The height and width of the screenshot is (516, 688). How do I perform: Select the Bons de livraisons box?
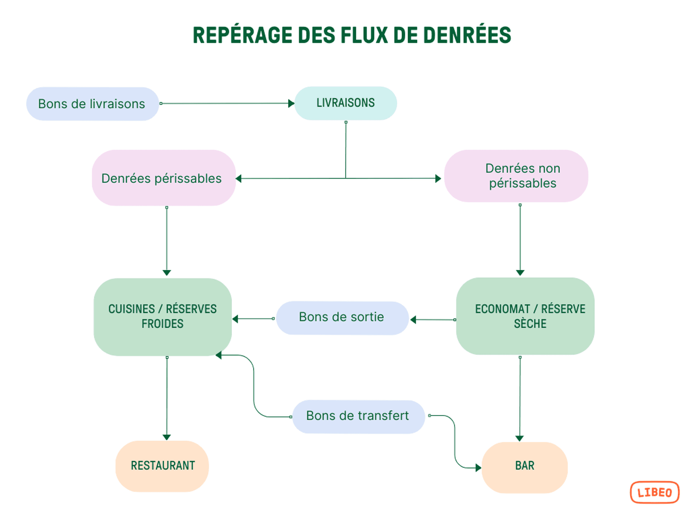click(x=92, y=104)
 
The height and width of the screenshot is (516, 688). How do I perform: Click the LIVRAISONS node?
click(x=345, y=103)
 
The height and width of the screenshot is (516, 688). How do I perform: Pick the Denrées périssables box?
click(x=163, y=178)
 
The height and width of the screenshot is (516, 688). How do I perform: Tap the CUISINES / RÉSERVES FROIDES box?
click(x=162, y=317)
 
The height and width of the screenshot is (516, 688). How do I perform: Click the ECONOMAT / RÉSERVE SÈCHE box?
click(x=525, y=316)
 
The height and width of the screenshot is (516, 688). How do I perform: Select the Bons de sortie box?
click(x=342, y=318)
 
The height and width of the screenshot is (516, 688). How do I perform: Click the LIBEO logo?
click(x=654, y=492)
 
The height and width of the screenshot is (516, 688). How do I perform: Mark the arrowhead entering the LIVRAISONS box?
click(x=291, y=104)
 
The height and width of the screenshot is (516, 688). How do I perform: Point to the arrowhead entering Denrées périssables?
click(x=239, y=178)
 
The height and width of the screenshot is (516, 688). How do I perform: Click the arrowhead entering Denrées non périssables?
click(x=438, y=178)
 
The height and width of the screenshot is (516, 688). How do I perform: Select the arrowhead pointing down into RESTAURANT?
click(x=167, y=437)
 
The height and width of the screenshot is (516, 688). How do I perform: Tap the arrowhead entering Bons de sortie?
click(x=413, y=320)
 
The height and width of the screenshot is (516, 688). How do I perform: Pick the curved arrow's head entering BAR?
click(x=478, y=467)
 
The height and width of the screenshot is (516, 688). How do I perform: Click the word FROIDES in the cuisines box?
click(x=162, y=324)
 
